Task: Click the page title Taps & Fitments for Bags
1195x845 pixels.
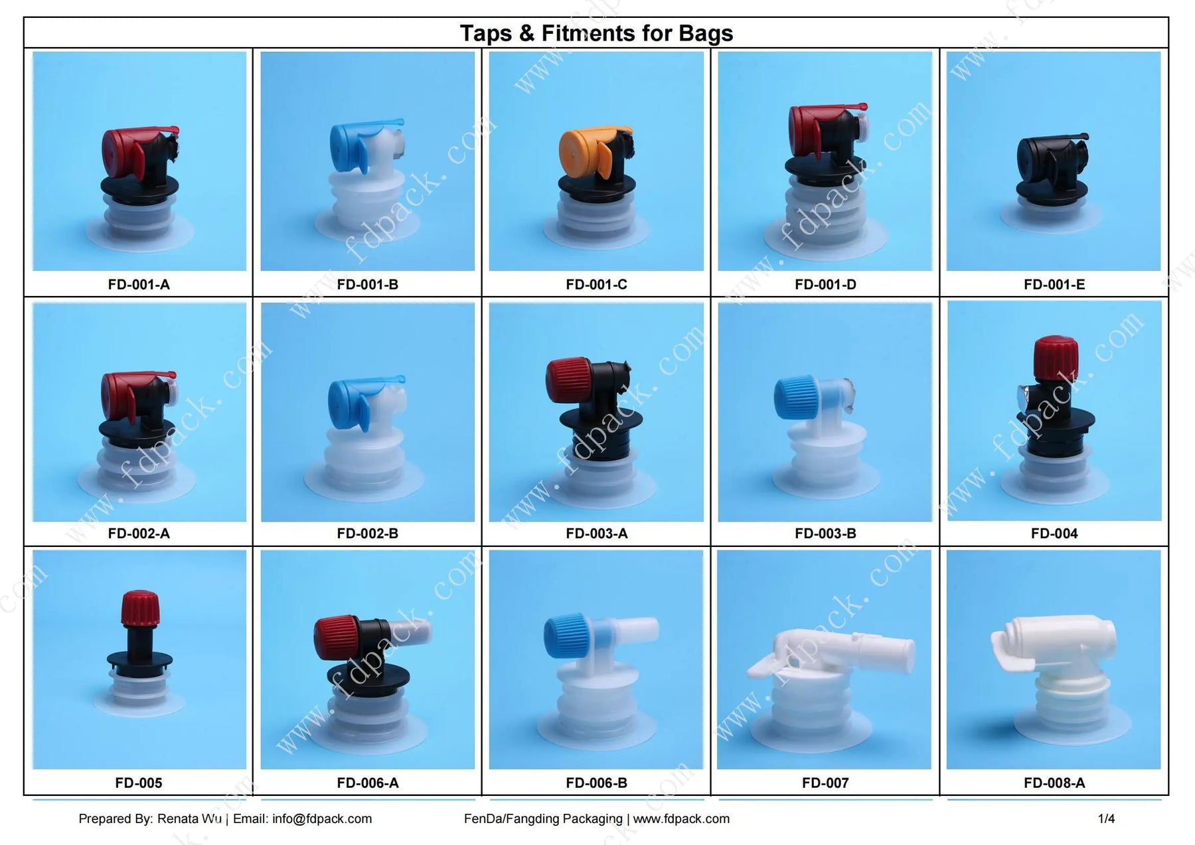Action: pyautogui.click(x=596, y=33)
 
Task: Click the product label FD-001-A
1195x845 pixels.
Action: pyautogui.click(x=139, y=285)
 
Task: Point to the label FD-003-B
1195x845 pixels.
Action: pyautogui.click(x=825, y=534)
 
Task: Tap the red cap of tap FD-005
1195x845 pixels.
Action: pyautogui.click(x=139, y=606)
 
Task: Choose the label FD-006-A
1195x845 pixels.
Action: pyautogui.click(x=368, y=783)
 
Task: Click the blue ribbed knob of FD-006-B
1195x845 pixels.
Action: pyautogui.click(x=564, y=635)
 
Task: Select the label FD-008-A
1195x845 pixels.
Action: pyautogui.click(x=1054, y=783)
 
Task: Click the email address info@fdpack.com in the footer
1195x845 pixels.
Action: pyautogui.click(x=322, y=819)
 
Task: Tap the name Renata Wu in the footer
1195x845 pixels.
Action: pyautogui.click(x=189, y=819)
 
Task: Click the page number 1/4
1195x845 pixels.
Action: pyautogui.click(x=1106, y=819)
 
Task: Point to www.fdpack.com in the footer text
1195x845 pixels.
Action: pyautogui.click(x=681, y=819)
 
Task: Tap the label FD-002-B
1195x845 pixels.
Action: pyautogui.click(x=368, y=534)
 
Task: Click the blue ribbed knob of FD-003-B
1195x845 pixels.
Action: pyautogui.click(x=794, y=396)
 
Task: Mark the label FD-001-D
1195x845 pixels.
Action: pyautogui.click(x=825, y=285)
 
